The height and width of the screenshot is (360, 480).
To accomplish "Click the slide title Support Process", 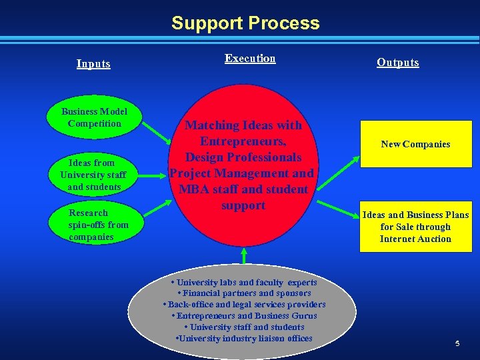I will pyautogui.click(x=245, y=23).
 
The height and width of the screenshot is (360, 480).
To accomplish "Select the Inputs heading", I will pyautogui.click(x=93, y=64).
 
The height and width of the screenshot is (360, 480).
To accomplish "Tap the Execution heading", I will pyautogui.click(x=250, y=59).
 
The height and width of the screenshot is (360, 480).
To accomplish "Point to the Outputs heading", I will pyautogui.click(x=398, y=63).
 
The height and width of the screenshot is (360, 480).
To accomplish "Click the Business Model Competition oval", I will pyautogui.click(x=94, y=117).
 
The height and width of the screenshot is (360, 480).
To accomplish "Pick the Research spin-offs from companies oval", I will pyautogui.click(x=94, y=225).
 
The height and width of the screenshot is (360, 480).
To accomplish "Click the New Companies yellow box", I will pyautogui.click(x=415, y=144).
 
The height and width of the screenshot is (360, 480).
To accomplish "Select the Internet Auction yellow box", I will pyautogui.click(x=415, y=227).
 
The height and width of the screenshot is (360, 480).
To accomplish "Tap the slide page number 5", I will pyautogui.click(x=457, y=343).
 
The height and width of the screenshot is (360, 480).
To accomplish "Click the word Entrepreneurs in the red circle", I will pyautogui.click(x=243, y=141).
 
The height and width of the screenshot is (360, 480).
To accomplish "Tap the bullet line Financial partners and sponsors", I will pyautogui.click(x=244, y=293).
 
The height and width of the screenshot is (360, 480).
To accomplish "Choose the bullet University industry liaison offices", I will pyautogui.click(x=244, y=339).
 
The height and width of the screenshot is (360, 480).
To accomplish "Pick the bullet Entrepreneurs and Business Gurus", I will pyautogui.click(x=244, y=316).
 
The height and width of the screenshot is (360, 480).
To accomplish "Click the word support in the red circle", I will pyautogui.click(x=243, y=205).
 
